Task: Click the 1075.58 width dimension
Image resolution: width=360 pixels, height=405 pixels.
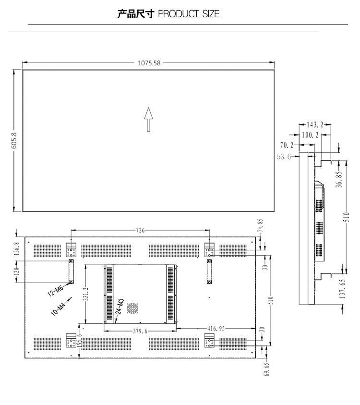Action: coord(149,63)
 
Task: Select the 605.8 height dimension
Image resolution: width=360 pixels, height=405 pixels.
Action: coord(14,140)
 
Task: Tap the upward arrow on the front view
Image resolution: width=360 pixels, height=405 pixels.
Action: coord(148,119)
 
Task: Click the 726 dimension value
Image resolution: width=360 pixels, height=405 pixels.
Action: coord(140,230)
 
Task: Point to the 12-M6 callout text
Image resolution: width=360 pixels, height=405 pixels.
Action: coord(56,290)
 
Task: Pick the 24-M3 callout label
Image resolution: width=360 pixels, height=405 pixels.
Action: coord(120,307)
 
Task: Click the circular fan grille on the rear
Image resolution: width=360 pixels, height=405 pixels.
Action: coord(132,308)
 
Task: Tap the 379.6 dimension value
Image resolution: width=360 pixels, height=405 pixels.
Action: coord(140,331)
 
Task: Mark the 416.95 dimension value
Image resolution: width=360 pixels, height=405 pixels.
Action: coord(216,329)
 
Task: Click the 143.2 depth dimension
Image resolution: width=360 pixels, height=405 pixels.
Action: coord(315,125)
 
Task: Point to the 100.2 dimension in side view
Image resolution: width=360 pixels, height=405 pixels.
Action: coord(310,135)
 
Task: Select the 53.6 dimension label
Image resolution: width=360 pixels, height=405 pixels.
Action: coord(284,157)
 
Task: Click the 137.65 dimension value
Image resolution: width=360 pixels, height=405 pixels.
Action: coord(342,289)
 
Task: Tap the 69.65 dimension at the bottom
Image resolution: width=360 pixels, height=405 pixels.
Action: coord(267,369)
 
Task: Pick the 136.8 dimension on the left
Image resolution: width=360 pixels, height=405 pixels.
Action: coord(16,248)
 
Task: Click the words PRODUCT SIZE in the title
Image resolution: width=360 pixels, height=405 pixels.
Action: coord(189,14)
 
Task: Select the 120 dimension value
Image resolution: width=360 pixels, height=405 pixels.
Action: coord(16,271)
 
